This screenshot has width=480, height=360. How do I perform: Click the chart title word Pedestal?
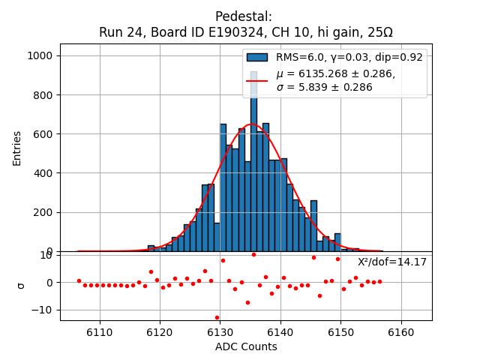tap(243, 16)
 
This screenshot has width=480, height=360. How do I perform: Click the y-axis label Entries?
tap(17, 148)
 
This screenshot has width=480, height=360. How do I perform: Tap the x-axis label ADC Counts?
tap(246, 346)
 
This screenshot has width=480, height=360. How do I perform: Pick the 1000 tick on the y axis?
tap(41, 56)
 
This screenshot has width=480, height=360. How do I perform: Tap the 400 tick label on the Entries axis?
tap(44, 173)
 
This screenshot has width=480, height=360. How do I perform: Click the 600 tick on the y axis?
tap(44, 134)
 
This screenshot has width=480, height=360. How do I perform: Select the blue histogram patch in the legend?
tap(257, 57)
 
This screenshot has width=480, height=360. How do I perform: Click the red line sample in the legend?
tap(257, 80)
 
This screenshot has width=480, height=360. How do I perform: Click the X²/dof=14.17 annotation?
tap(391, 262)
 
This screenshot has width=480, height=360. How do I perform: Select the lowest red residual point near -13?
tap(217, 317)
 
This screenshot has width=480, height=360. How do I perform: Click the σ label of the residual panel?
tap(21, 285)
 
